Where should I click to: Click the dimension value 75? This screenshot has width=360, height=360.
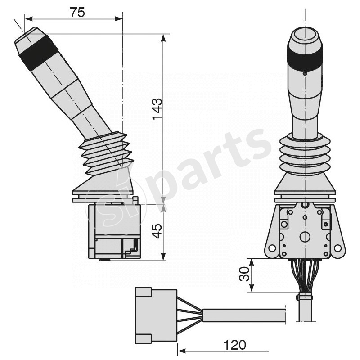[77, 12]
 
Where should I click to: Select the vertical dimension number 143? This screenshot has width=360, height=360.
[156, 109]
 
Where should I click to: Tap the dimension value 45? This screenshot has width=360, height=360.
[156, 232]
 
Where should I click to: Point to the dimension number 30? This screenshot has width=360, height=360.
[244, 274]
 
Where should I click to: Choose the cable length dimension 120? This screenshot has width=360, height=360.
[234, 345]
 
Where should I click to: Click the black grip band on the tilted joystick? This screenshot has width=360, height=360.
[38, 53]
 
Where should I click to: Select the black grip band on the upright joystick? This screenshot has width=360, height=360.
[305, 58]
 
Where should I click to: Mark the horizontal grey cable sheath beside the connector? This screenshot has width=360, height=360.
[245, 315]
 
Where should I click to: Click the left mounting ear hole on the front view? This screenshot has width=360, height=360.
[271, 248]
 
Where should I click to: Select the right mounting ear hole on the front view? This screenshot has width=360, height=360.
[338, 248]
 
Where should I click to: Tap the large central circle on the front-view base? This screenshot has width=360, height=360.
[305, 237]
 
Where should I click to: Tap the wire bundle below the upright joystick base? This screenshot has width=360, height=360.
[305, 274]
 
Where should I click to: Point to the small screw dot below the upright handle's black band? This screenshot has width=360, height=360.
[305, 73]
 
